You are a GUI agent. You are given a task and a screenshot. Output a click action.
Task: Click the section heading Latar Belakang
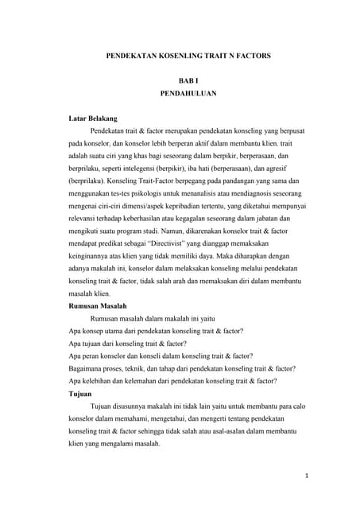94,118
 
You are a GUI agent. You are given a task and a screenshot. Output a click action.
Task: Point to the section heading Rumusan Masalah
103,305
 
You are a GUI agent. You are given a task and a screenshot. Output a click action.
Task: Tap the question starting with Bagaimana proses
183,368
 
